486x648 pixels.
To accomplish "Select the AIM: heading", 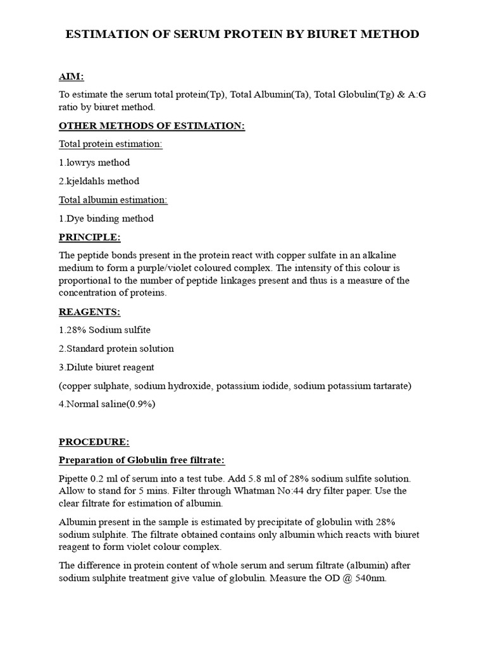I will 72,77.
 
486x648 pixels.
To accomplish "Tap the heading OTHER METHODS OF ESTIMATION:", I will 152,126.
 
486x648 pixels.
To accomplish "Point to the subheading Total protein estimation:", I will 111,144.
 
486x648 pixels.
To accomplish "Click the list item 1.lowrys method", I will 94,163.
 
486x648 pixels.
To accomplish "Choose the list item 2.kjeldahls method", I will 99,181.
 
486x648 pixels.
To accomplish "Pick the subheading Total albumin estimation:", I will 113,200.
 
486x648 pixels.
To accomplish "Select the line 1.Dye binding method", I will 106,218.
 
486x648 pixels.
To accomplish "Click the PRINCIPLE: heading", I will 89,237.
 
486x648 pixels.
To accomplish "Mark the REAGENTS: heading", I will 89,312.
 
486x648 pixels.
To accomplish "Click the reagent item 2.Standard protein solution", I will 116,349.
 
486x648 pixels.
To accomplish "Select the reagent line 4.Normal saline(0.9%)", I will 106,404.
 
